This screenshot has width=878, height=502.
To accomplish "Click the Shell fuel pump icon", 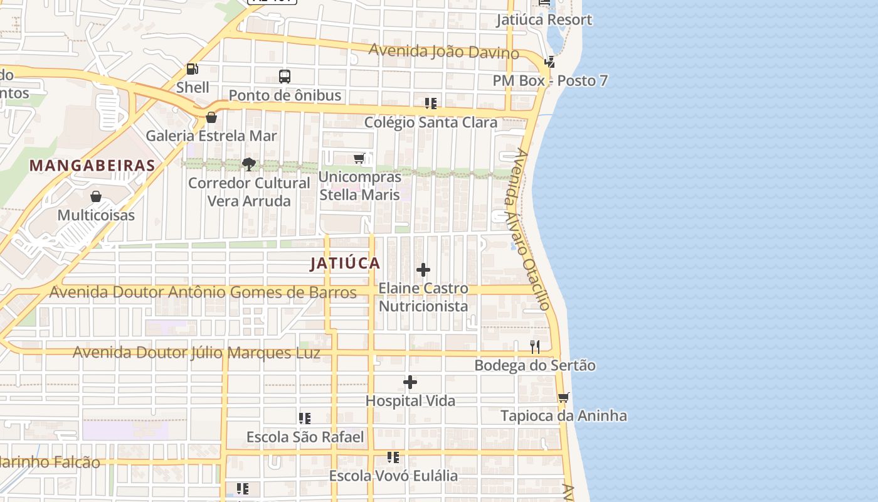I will pos(193,69).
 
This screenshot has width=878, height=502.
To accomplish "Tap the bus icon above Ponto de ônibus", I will pos(285,77).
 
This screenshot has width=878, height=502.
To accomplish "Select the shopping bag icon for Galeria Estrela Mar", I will pos(211,117).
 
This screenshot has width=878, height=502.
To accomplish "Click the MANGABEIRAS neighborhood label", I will pos(92,166).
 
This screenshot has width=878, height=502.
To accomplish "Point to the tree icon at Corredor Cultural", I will pos(249,164).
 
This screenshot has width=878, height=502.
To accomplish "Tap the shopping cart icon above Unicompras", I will pos(359,158).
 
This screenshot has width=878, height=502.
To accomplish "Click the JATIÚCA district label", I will pos(345,264).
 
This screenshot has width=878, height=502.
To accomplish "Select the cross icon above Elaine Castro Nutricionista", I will pos(423,270).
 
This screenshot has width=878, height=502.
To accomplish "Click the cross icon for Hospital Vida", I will pos(410,382).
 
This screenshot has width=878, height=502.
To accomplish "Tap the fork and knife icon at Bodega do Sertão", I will pos(535,347).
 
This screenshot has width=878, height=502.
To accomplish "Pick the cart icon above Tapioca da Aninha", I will pos(564,397).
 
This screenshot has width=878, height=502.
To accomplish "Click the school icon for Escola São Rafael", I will pos(305,419).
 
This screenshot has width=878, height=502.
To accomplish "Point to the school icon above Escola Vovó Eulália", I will pos(393,457).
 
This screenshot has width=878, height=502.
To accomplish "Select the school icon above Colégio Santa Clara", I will pos(430,104).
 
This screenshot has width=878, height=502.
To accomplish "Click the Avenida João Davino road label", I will pos(443,51).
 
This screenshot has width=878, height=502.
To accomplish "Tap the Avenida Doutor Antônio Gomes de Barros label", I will pos(203,292).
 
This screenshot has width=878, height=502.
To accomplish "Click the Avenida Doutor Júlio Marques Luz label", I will pos(197,353).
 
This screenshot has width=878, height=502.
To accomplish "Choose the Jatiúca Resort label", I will pos(544,19).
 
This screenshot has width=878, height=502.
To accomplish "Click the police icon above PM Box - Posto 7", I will pos(550,62).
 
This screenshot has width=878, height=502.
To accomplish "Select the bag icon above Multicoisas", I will pos(96,197).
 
